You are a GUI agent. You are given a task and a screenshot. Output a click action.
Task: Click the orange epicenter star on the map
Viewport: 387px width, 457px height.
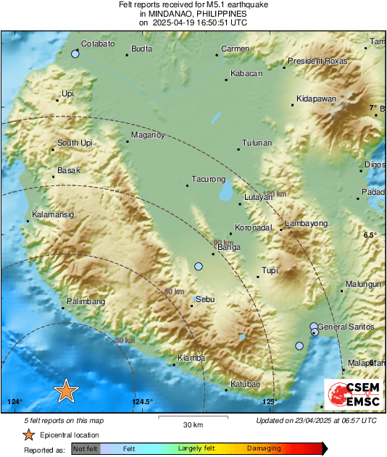click(66, 390)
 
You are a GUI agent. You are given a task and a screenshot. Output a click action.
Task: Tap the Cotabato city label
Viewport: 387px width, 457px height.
click(97, 44)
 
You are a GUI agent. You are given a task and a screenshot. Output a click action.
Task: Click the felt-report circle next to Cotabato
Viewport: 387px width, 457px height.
click(75, 54)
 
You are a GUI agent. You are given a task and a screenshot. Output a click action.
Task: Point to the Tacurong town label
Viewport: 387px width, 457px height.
click(208, 179)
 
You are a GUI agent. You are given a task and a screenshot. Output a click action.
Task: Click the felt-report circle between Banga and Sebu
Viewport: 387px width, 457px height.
click(199, 267)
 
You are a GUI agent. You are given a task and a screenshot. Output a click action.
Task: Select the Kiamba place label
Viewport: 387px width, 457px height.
click(191, 358)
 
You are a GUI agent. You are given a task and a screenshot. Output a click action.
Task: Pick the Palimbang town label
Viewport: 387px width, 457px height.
click(86, 301)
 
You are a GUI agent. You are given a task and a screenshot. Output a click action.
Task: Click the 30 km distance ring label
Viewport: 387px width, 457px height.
click(125, 340)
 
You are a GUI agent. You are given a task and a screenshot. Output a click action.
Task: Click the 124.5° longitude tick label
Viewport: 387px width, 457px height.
click(142, 402)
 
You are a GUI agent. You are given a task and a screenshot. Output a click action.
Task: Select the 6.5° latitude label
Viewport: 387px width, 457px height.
click(370, 235)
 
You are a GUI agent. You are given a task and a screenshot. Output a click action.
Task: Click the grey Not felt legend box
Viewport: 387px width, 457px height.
click(86, 449)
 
